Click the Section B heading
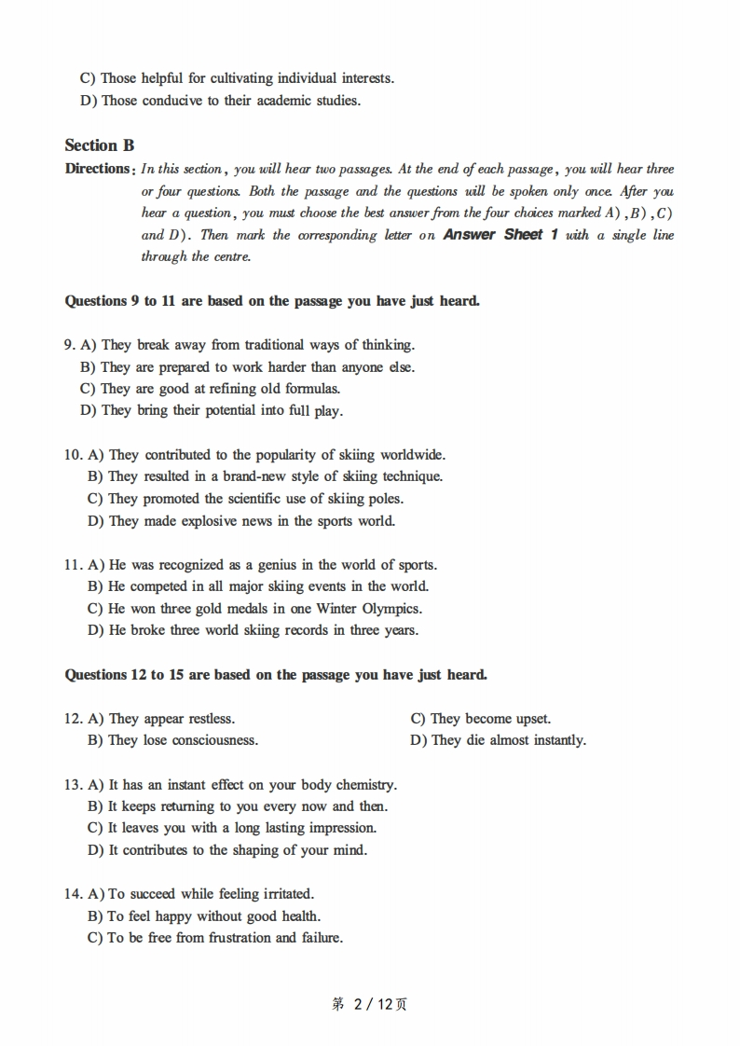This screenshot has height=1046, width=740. (99, 145)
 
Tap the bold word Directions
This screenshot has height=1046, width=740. (97, 169)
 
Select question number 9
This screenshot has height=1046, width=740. (70, 345)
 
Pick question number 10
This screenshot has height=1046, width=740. (74, 455)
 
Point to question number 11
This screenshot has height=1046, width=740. (74, 565)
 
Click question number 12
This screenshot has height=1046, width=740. (74, 719)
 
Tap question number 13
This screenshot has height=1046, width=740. (74, 785)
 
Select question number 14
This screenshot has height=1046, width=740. (74, 894)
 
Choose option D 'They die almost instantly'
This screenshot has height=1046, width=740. (498, 740)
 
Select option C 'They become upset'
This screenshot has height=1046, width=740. (480, 719)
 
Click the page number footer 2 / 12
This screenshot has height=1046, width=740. (369, 1004)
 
